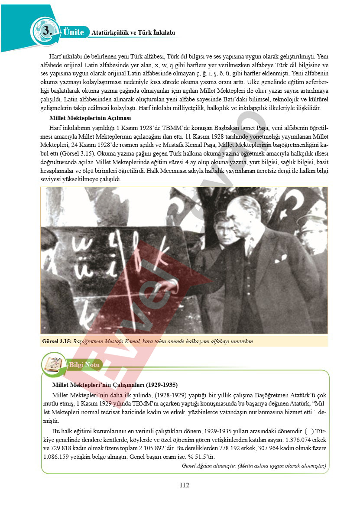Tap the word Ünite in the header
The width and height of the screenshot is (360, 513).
tap(73, 32)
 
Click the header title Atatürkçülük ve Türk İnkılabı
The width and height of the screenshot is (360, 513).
tap(133, 32)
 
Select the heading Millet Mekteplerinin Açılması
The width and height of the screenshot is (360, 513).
tap(90, 118)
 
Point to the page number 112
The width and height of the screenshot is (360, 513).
tap(184, 485)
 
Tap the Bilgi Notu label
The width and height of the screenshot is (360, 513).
tap(84, 365)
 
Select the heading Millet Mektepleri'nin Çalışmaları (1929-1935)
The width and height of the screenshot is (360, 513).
tap(114, 385)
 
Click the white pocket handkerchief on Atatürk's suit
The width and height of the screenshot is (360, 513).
tap(280, 259)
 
